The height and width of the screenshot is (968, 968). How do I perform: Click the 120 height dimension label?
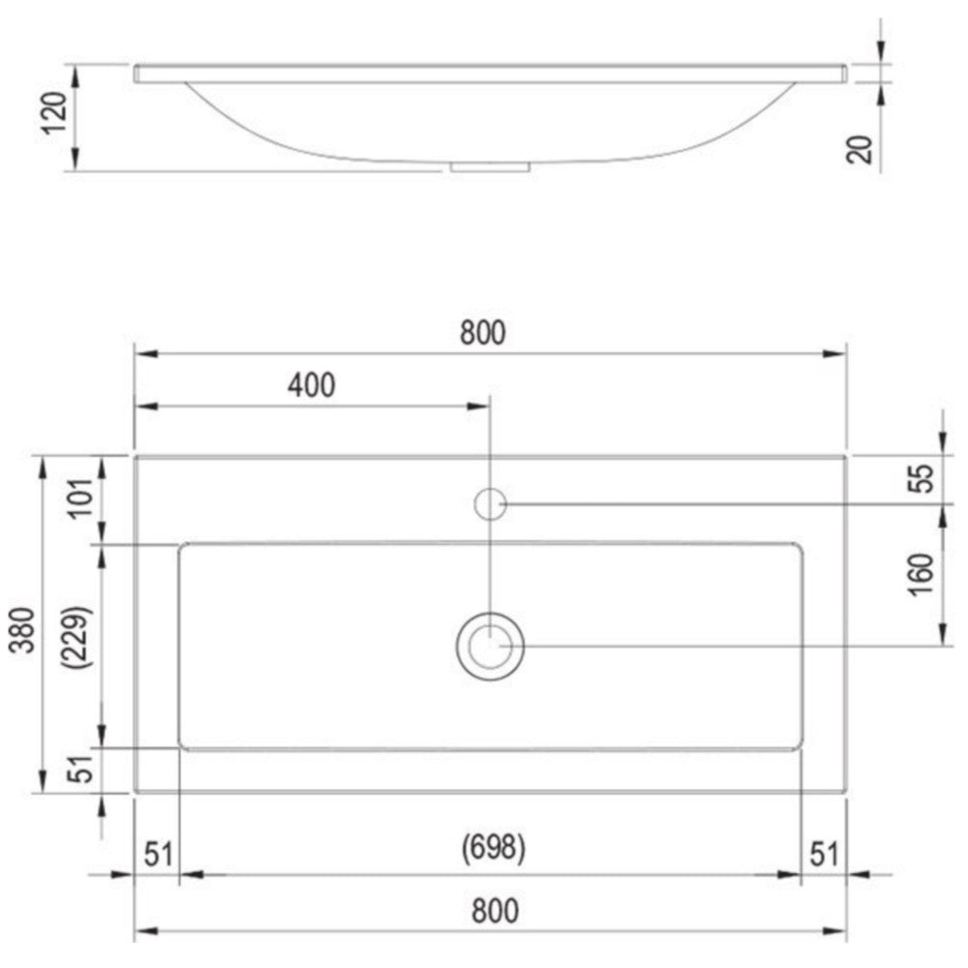pos(53,113)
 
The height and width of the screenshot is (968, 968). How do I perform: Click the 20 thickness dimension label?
pos(860,149)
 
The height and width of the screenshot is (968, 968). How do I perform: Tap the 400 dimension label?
pos(312,386)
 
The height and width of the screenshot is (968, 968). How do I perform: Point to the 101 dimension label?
pos(81,499)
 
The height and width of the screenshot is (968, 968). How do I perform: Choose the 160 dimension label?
pos(921,575)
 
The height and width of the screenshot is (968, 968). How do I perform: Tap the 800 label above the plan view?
pos(483,333)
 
